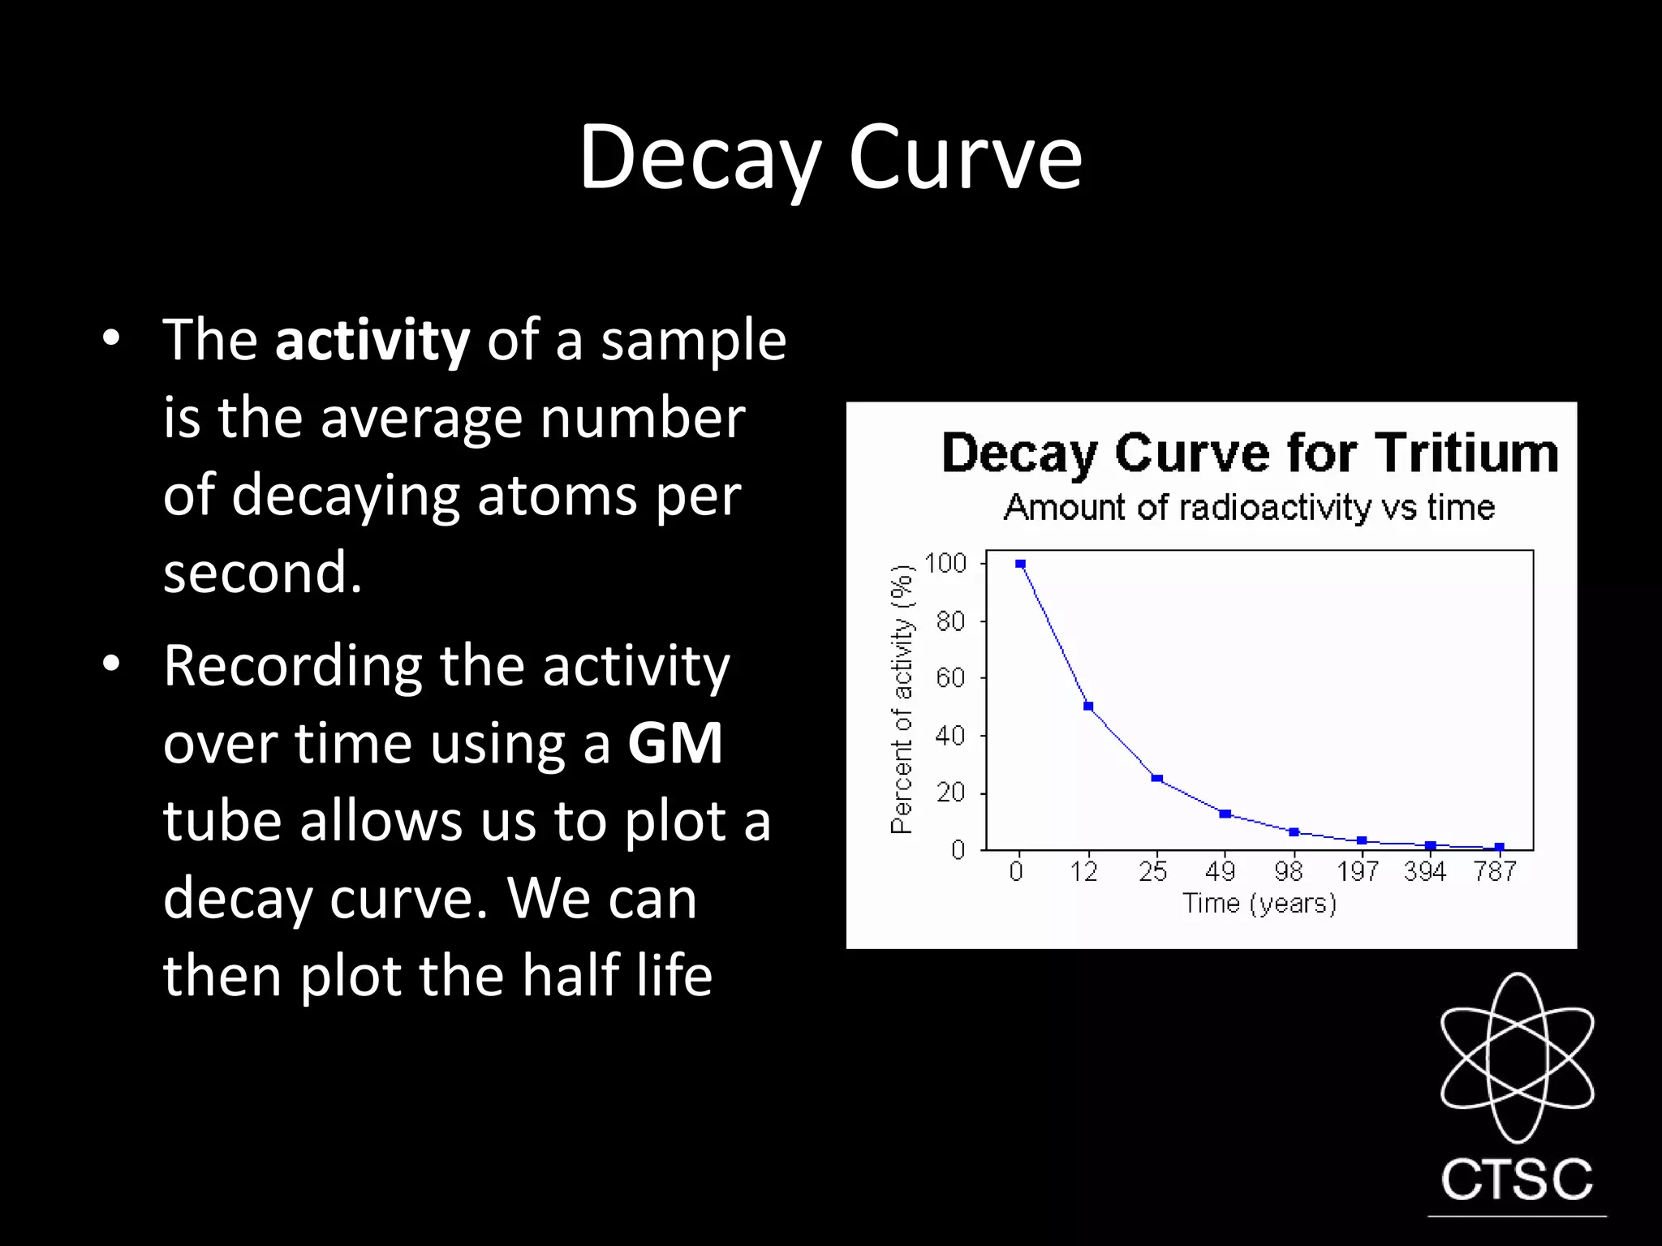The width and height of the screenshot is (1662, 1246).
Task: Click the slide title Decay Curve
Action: (830, 157)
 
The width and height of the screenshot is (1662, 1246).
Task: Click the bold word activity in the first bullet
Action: (372, 341)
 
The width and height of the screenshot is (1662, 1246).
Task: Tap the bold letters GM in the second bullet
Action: (675, 743)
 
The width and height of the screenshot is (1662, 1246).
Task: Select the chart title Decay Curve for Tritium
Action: (1250, 453)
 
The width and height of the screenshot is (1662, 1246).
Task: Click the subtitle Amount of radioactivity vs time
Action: (1249, 508)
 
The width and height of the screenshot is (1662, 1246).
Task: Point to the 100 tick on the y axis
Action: (945, 563)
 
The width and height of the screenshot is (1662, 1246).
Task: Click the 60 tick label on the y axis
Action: (950, 677)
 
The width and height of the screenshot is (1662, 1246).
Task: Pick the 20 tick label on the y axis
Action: (950, 793)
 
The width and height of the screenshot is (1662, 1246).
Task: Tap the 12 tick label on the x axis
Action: (1083, 872)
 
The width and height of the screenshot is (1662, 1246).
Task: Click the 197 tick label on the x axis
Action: (1357, 872)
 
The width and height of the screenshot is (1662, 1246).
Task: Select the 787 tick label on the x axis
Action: (1495, 872)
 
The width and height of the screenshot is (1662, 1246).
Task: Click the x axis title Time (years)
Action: (1259, 904)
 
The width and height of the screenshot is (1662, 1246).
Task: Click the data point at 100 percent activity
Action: (1020, 564)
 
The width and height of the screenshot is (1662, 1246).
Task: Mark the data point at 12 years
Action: (1088, 707)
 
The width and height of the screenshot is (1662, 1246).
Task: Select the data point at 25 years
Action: (1157, 779)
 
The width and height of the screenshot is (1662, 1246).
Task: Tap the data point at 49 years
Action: (1225, 814)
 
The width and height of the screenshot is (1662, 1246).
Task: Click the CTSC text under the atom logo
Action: (1517, 1179)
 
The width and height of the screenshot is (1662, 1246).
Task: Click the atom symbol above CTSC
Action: (1517, 1057)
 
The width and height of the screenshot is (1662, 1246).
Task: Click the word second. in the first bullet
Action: (262, 573)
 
